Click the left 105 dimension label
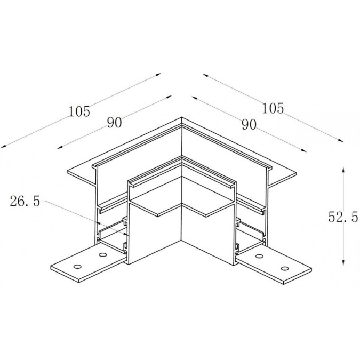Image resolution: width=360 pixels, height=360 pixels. point(79,111)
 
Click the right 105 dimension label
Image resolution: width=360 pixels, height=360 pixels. point(273,108)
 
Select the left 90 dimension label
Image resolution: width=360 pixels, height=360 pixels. point(114,123)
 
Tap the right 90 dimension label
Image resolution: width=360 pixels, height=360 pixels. point(249,125)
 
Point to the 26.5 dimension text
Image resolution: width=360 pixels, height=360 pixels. point(25,202)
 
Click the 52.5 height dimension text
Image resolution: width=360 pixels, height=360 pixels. point(343,217)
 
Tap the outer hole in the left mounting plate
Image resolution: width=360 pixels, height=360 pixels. point(78,267)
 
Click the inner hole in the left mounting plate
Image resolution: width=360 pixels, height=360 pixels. point(102,254)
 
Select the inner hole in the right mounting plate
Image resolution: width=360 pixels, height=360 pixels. point(259,256)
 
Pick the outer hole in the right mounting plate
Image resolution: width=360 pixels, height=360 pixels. point(285,268)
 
